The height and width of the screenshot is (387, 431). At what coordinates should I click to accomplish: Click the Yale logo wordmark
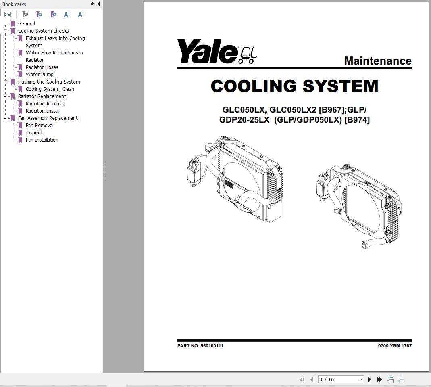point(207,51)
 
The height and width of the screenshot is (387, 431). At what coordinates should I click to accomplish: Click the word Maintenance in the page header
point(378,61)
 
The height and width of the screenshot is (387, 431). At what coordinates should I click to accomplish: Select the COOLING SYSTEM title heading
point(294,86)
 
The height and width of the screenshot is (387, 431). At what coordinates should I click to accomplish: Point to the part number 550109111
point(212,346)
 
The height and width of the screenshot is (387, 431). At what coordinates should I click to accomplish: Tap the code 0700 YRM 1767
point(395,346)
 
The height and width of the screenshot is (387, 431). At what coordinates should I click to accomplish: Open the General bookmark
point(26,24)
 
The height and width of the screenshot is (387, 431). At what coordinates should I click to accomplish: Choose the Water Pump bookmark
point(40,75)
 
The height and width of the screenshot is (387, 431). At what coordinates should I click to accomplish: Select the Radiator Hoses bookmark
point(42,67)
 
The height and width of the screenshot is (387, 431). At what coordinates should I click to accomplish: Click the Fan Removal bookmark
point(40,126)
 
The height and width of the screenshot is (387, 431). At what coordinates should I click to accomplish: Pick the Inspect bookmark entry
point(34,133)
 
